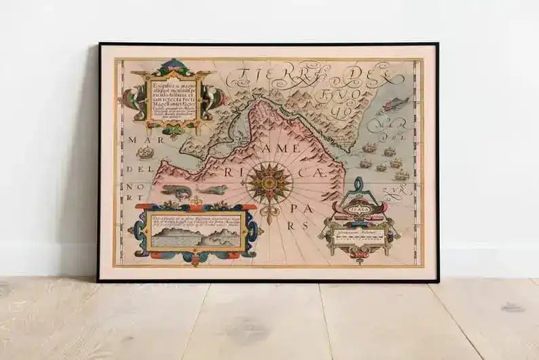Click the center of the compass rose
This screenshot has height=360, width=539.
269,181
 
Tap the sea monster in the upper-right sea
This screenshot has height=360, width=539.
395,105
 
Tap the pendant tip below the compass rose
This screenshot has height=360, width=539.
268,220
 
